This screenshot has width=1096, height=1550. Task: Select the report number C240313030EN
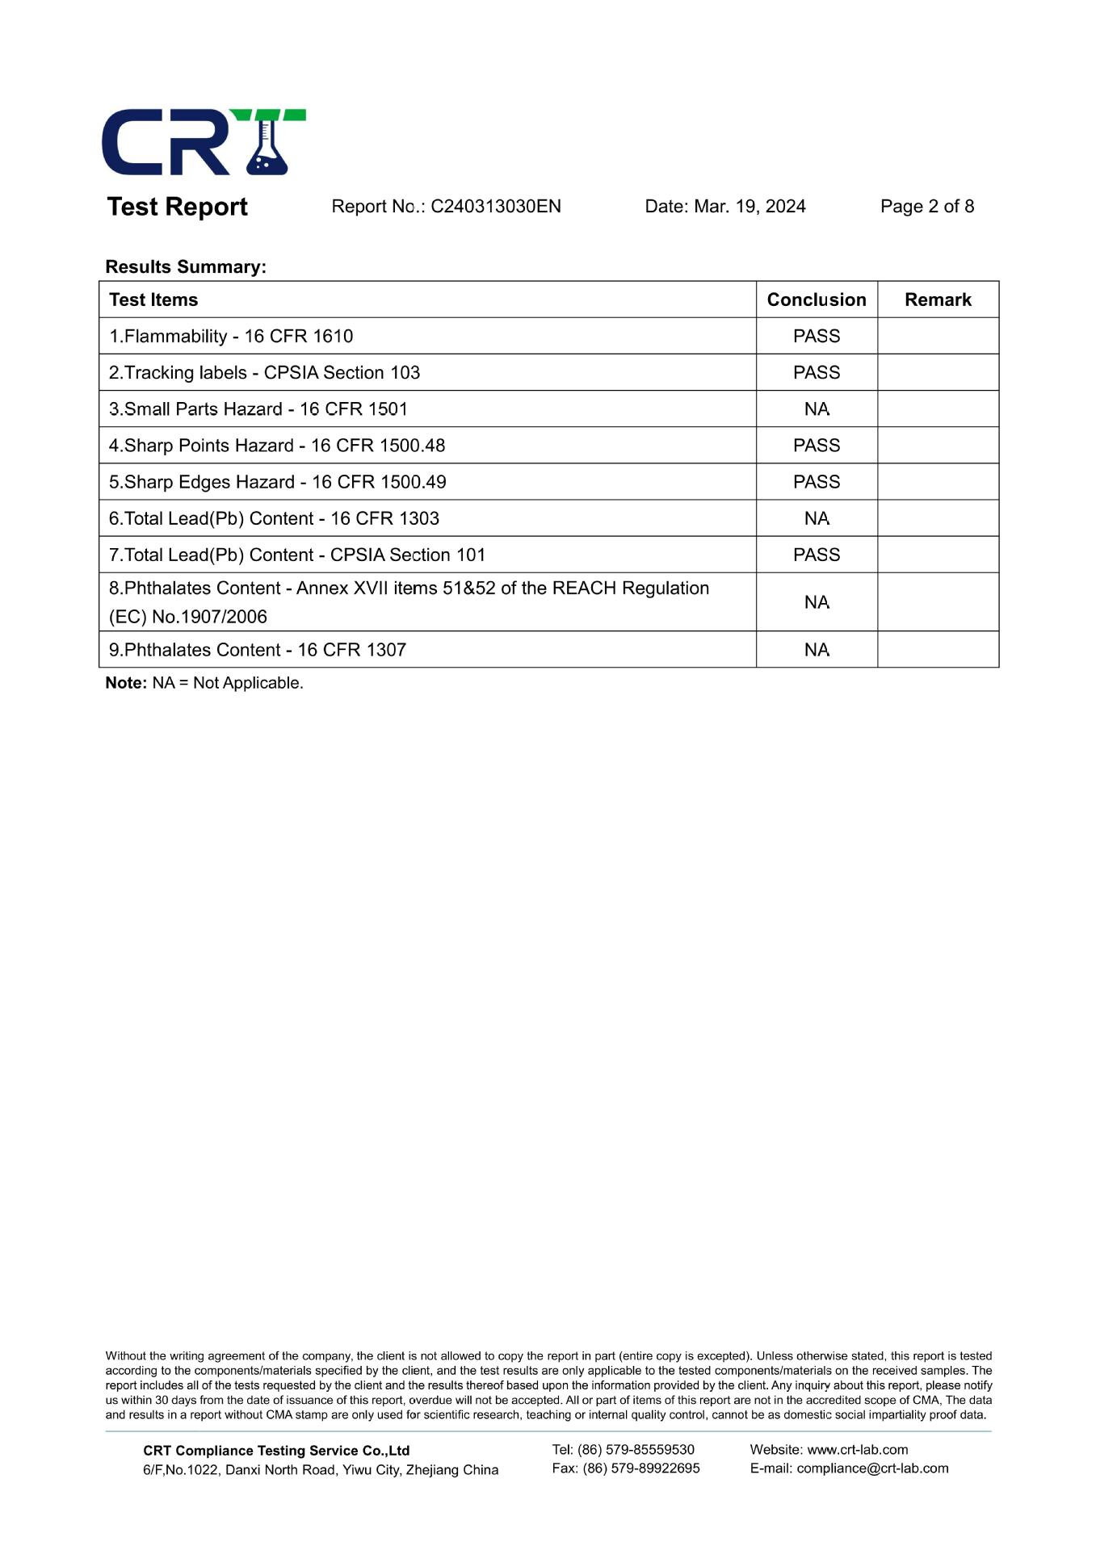click(495, 207)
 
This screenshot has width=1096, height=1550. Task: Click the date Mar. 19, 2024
click(750, 207)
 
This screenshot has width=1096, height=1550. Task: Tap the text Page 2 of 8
click(926, 207)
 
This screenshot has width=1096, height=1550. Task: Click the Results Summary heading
click(186, 267)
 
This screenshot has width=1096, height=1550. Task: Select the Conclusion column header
click(816, 300)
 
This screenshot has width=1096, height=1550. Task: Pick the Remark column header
click(938, 300)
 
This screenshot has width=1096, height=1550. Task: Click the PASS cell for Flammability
click(816, 336)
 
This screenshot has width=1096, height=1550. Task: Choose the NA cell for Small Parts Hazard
click(816, 409)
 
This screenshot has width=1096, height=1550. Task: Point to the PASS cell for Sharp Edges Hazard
click(816, 482)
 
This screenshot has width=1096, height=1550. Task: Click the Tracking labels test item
click(264, 373)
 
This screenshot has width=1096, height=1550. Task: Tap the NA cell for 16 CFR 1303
click(816, 518)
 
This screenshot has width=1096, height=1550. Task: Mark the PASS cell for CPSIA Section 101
click(816, 555)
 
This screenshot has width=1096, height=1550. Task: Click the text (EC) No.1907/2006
click(188, 617)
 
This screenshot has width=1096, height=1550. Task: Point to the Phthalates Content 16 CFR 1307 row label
click(258, 650)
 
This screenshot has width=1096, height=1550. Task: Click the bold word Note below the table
click(126, 683)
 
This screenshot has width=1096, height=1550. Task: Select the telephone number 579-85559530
click(653, 1450)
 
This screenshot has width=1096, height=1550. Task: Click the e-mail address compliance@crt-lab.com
click(872, 1468)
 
